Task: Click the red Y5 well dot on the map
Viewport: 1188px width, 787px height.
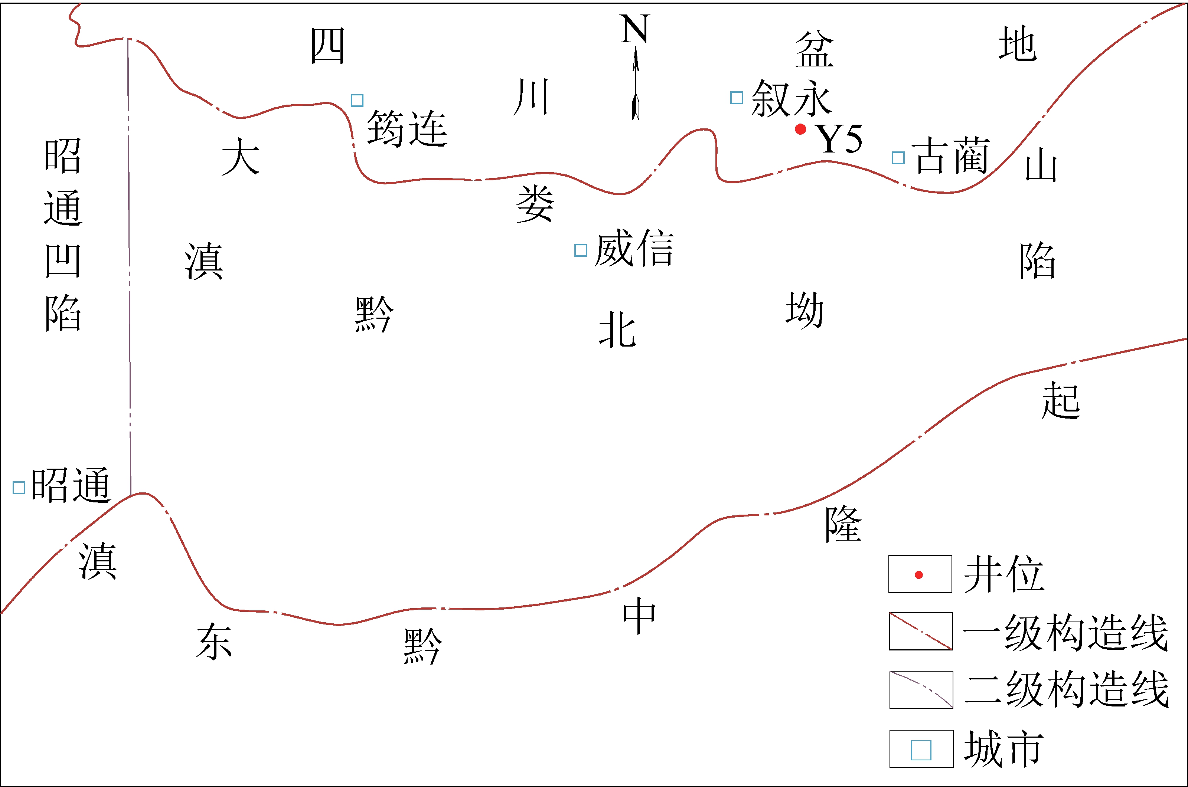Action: tap(800, 129)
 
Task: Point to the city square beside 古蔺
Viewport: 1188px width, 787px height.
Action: tap(898, 158)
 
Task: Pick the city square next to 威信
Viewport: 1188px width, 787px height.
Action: tap(580, 250)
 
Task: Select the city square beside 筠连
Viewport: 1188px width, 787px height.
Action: tap(357, 101)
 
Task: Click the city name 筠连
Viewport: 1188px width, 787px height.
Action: tap(407, 129)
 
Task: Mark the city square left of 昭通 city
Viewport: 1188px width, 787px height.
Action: tap(19, 487)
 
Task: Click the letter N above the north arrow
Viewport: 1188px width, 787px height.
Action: tap(635, 29)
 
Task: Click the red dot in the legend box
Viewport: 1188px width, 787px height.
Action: tap(919, 575)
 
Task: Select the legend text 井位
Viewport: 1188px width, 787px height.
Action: tap(1004, 574)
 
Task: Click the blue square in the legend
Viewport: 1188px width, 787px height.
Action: tap(921, 750)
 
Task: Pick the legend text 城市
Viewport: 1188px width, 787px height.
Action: tap(1004, 749)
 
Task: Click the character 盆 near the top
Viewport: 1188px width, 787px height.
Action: tap(814, 49)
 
